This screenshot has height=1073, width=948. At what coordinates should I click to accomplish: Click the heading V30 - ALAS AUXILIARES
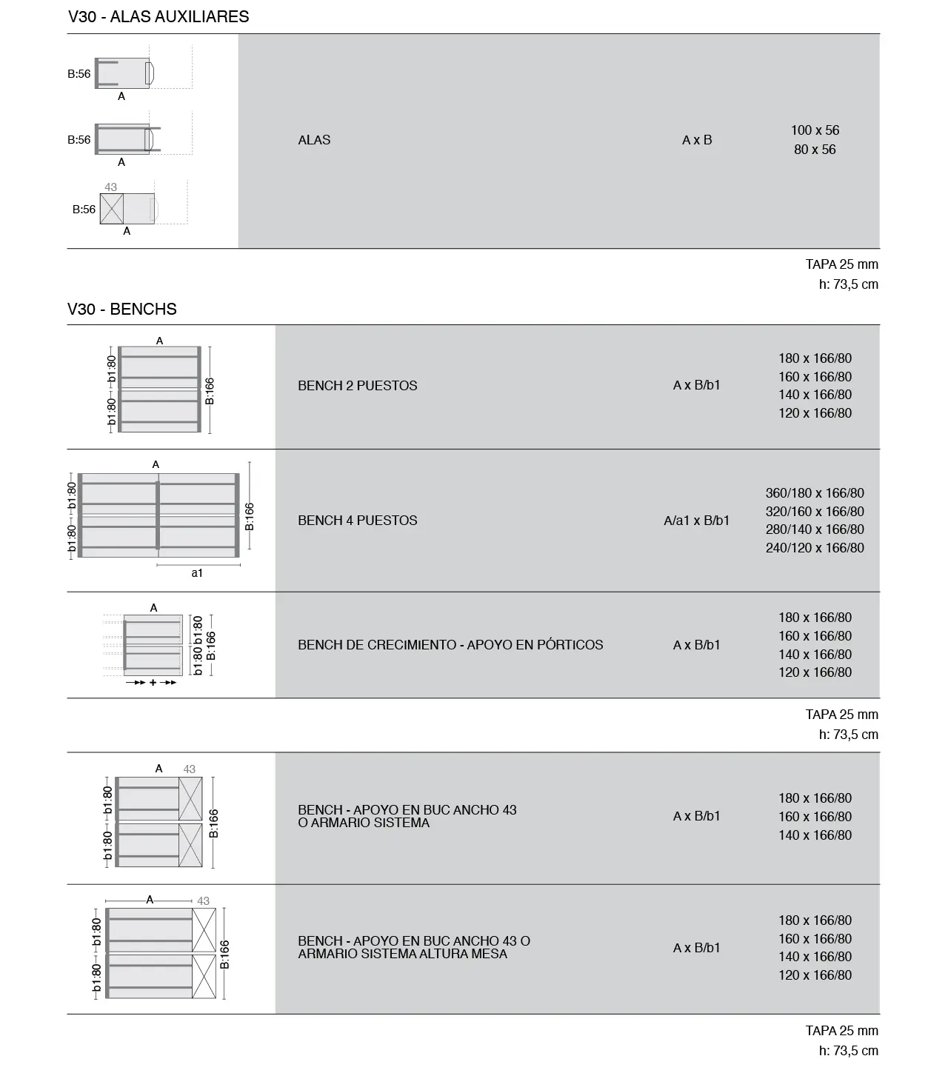(158, 16)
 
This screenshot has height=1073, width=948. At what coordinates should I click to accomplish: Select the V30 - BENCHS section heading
(121, 309)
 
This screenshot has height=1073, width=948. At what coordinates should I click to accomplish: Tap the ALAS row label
(314, 140)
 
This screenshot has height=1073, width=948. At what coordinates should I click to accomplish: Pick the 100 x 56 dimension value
(815, 130)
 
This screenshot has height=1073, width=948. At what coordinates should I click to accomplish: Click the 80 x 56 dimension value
(815, 150)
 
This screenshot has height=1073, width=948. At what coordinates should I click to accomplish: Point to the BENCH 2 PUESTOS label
(357, 386)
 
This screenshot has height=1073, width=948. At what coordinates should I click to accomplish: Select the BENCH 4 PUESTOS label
(357, 521)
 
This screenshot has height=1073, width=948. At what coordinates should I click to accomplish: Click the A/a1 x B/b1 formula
(696, 521)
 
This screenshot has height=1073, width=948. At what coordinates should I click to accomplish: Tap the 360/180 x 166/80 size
(815, 493)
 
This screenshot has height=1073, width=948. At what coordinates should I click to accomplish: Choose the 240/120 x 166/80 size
(815, 548)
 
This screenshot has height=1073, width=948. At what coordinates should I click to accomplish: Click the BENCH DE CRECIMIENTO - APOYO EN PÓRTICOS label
(450, 645)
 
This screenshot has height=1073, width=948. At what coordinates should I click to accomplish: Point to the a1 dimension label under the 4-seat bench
(197, 572)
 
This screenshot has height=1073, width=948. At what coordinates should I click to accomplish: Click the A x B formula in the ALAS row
(697, 140)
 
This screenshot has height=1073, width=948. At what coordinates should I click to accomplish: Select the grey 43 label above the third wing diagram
(111, 187)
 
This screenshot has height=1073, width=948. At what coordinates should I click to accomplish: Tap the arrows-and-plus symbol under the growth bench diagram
(153, 682)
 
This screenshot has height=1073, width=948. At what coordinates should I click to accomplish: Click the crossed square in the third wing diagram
(112, 209)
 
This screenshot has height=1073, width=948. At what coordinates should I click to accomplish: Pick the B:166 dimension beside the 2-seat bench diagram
(210, 390)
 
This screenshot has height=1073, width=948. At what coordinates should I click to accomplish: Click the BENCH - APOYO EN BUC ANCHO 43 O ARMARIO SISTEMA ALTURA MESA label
(413, 947)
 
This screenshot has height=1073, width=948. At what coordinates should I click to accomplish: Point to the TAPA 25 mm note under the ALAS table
(841, 264)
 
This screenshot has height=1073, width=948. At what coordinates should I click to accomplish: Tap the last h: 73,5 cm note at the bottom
(848, 1050)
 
